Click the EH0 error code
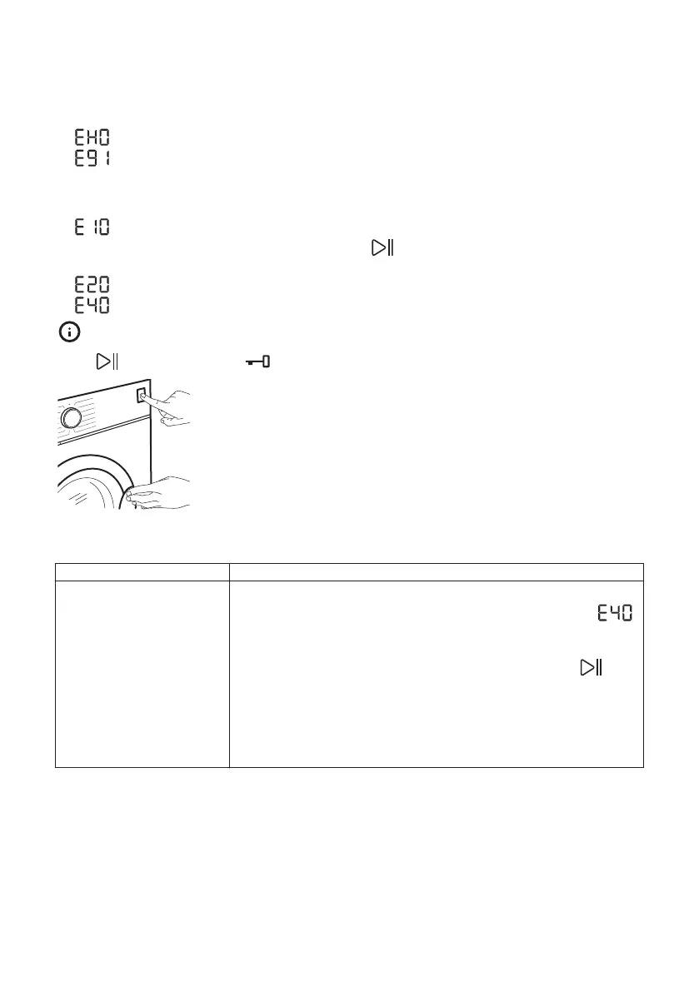[x=92, y=137]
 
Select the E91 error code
[x=92, y=157]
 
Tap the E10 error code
[x=92, y=227]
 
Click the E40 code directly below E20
[x=92, y=306]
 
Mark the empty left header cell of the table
[x=142, y=571]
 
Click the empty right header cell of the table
[x=436, y=571]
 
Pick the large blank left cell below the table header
[x=142, y=673]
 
